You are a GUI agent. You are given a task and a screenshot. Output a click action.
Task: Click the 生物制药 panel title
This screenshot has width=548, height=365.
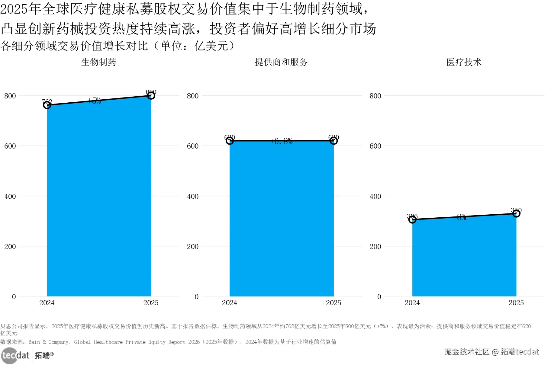click(x=98, y=62)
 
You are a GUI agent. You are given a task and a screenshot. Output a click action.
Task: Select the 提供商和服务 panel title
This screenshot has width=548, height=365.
click(x=281, y=62)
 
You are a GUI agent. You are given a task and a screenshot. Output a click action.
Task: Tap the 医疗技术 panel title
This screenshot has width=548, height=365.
click(x=464, y=62)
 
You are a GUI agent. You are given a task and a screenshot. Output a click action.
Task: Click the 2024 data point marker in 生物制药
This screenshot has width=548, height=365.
click(x=47, y=105)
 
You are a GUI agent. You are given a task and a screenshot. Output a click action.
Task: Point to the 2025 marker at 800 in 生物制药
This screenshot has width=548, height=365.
click(x=151, y=95)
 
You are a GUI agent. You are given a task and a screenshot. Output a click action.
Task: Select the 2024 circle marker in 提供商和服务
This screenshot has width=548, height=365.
click(x=230, y=141)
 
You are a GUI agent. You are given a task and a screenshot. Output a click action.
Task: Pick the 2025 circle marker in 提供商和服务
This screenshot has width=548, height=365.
click(x=334, y=141)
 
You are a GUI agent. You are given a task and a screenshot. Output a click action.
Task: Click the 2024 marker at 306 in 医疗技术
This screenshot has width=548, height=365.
click(x=412, y=219)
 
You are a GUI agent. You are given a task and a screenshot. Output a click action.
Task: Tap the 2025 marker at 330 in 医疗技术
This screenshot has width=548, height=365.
click(x=516, y=213)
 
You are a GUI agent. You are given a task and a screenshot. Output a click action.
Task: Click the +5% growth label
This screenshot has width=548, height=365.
click(x=95, y=101)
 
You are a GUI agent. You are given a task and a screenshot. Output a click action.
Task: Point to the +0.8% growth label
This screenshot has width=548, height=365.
click(x=282, y=141)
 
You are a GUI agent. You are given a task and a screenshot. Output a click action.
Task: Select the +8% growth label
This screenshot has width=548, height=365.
click(x=460, y=217)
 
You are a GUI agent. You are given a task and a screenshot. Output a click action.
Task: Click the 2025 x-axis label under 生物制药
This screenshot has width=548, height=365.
click(x=151, y=303)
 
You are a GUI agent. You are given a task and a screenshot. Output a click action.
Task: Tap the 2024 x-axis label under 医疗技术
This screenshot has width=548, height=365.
click(x=412, y=303)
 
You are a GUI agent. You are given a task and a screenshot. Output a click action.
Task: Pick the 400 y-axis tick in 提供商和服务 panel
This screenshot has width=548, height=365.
click(x=193, y=197)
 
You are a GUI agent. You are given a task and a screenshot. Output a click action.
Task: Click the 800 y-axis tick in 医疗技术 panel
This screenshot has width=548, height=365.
click(x=375, y=96)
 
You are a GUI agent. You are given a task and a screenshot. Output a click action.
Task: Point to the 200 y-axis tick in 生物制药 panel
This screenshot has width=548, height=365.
click(x=10, y=247)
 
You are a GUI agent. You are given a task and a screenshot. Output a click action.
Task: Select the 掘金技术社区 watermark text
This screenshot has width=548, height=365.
click(x=467, y=352)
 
